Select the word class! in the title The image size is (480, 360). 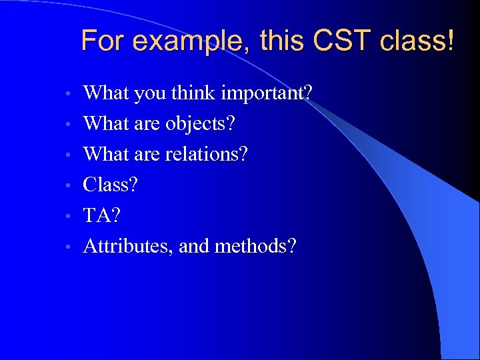(417, 41)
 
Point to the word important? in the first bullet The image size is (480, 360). (267, 93)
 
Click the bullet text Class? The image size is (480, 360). (111, 185)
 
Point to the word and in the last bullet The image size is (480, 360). (194, 247)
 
